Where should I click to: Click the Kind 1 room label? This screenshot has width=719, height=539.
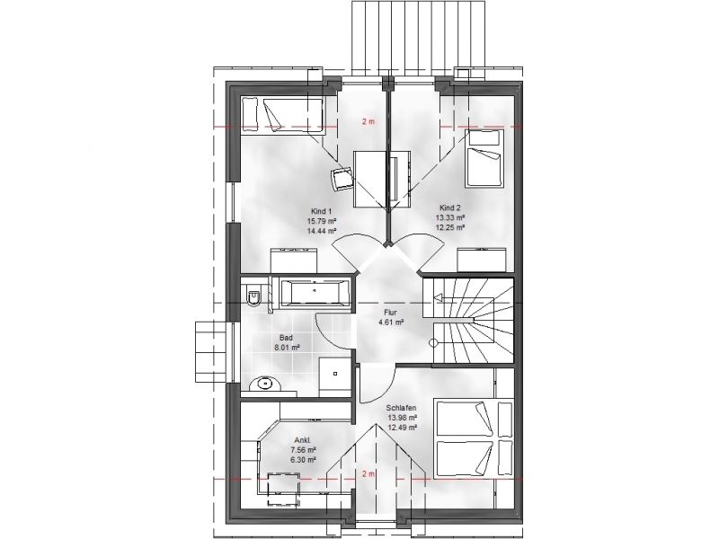(321, 212)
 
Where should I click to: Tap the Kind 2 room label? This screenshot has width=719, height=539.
(450, 208)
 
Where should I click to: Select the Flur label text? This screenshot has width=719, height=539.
(390, 313)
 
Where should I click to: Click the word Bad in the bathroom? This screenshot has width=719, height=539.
(286, 339)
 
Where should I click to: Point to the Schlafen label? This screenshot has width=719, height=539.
(401, 408)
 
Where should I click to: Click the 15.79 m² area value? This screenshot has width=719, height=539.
(322, 221)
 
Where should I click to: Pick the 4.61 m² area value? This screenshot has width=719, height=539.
(391, 323)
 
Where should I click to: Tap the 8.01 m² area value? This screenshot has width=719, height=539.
(287, 348)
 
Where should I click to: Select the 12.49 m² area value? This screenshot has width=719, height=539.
(402, 428)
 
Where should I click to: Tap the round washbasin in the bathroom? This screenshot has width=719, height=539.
(265, 384)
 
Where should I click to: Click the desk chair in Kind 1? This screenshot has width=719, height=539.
(342, 178)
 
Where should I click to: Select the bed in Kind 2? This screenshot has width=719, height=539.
(484, 159)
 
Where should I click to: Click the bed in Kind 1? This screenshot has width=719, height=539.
(282, 116)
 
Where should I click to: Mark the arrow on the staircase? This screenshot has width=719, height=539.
(463, 298)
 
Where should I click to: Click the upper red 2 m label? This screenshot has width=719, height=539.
(368, 122)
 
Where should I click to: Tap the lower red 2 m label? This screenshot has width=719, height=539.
(368, 474)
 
